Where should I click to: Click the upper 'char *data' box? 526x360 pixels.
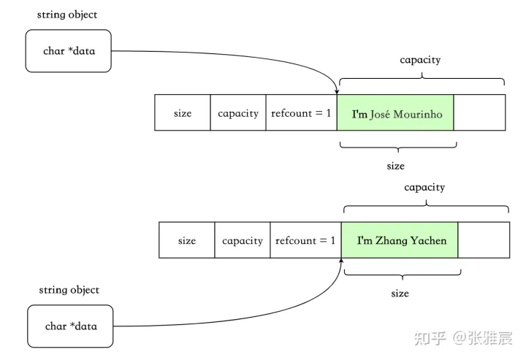69,51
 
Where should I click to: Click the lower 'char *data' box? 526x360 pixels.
70,326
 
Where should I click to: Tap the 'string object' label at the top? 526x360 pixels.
67,15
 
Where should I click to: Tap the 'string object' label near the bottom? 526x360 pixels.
69,290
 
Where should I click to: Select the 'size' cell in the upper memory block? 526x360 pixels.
183,112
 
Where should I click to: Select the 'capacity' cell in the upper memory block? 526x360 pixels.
238,112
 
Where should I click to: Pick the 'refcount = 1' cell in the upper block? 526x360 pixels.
301,112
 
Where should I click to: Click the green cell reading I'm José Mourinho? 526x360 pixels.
395,112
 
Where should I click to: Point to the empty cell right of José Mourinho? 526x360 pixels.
479,112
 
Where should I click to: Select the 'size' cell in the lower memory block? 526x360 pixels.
187,240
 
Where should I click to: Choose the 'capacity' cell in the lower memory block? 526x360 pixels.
243,240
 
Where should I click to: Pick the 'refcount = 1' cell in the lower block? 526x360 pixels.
305,240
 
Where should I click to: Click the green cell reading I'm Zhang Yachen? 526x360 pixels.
400,240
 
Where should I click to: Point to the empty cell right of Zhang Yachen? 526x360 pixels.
484,240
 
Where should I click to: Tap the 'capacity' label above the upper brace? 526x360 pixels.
420,60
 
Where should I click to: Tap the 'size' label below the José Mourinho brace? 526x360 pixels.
395,166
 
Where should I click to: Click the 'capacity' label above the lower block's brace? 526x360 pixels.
424,188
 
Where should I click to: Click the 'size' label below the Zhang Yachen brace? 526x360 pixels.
400,294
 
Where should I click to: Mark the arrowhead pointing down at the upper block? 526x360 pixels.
337,92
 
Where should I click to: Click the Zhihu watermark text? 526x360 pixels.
463,338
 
